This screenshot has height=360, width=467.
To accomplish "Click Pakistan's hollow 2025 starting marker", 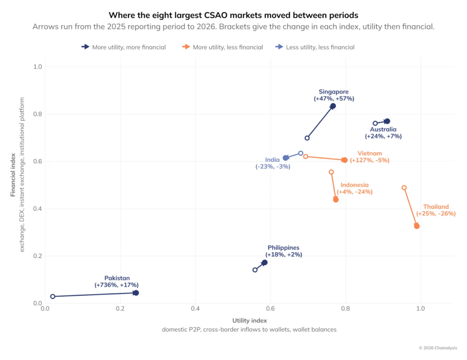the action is (x=53, y=297).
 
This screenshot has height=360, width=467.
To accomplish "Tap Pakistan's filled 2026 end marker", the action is (x=136, y=293).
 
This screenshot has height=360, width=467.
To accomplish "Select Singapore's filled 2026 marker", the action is (x=333, y=106).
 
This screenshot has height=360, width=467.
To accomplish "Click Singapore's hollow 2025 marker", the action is (x=307, y=138).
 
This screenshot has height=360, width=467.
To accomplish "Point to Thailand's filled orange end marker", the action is (x=417, y=226).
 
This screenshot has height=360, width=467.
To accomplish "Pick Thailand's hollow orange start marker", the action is (x=404, y=188).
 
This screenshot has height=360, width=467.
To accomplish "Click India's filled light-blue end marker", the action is (x=286, y=158).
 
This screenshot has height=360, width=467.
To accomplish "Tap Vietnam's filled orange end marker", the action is (x=345, y=160).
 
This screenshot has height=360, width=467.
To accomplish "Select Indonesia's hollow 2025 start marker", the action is (x=332, y=172).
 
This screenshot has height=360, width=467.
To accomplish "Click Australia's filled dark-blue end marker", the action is (x=388, y=121).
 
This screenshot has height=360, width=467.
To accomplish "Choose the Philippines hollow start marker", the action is (x=255, y=270).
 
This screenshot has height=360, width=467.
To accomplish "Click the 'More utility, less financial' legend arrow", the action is (x=186, y=47).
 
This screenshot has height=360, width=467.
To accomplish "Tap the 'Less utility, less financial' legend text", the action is (x=320, y=47).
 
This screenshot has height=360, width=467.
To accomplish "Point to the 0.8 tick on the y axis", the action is (x=38, y=114).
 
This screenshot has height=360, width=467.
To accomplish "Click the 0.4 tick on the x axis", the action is (x=195, y=309).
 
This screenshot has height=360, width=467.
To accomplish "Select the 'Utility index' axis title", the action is (x=249, y=320).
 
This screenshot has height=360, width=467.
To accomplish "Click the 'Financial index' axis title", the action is (x=13, y=175).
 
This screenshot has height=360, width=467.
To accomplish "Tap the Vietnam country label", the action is (x=370, y=153).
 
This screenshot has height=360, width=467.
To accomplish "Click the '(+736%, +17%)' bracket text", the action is (x=117, y=285).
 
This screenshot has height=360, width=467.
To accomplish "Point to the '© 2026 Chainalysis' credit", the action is (x=438, y=348).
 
